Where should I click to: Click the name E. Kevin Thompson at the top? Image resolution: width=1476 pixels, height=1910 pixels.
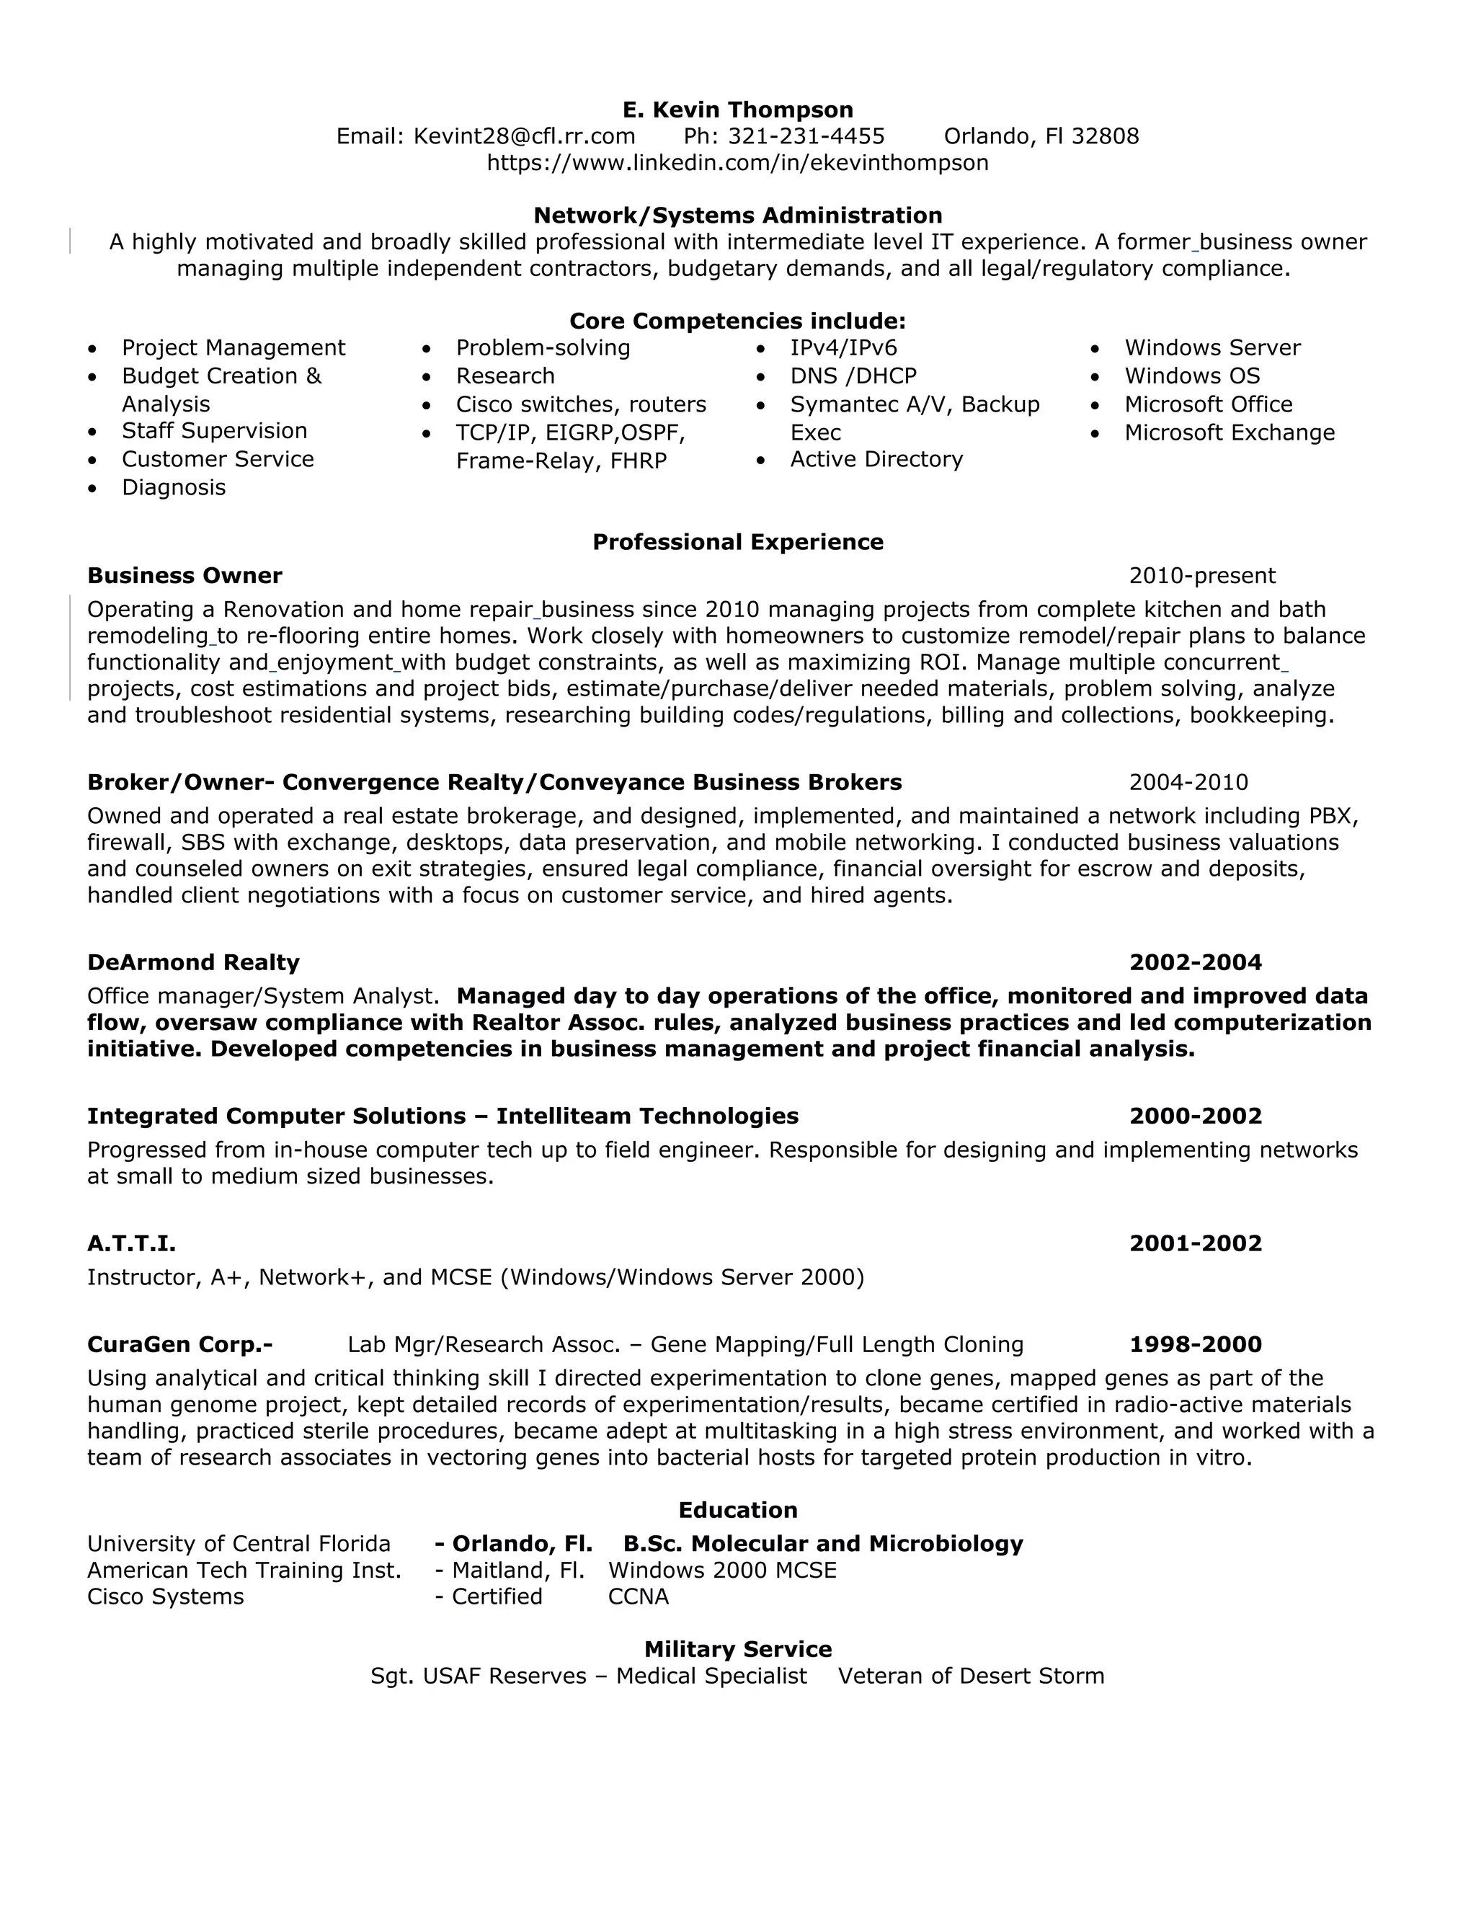click(737, 110)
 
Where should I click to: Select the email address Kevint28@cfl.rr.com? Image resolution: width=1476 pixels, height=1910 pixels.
click(523, 136)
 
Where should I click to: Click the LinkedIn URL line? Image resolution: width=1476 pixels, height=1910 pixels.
click(737, 163)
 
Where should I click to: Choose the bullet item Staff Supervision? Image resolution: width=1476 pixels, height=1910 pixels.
click(214, 431)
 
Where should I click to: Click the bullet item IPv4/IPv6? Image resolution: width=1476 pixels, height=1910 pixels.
click(843, 348)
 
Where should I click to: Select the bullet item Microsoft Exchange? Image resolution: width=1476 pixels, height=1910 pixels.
click(1229, 433)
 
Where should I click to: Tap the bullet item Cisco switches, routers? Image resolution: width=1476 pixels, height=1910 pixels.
click(581, 405)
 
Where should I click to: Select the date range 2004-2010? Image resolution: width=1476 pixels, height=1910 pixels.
click(1188, 783)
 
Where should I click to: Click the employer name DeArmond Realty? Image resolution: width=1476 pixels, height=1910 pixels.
click(193, 963)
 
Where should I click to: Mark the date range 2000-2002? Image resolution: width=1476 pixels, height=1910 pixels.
click(1194, 1116)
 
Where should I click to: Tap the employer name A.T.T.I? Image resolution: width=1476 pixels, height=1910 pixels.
click(131, 1243)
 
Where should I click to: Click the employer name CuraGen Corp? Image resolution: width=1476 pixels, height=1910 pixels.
click(179, 1344)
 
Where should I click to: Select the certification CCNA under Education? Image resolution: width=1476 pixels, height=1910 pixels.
click(637, 1597)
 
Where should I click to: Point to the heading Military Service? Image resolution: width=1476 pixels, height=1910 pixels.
click(737, 1649)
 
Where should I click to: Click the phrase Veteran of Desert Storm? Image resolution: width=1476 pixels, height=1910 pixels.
click(970, 1676)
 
